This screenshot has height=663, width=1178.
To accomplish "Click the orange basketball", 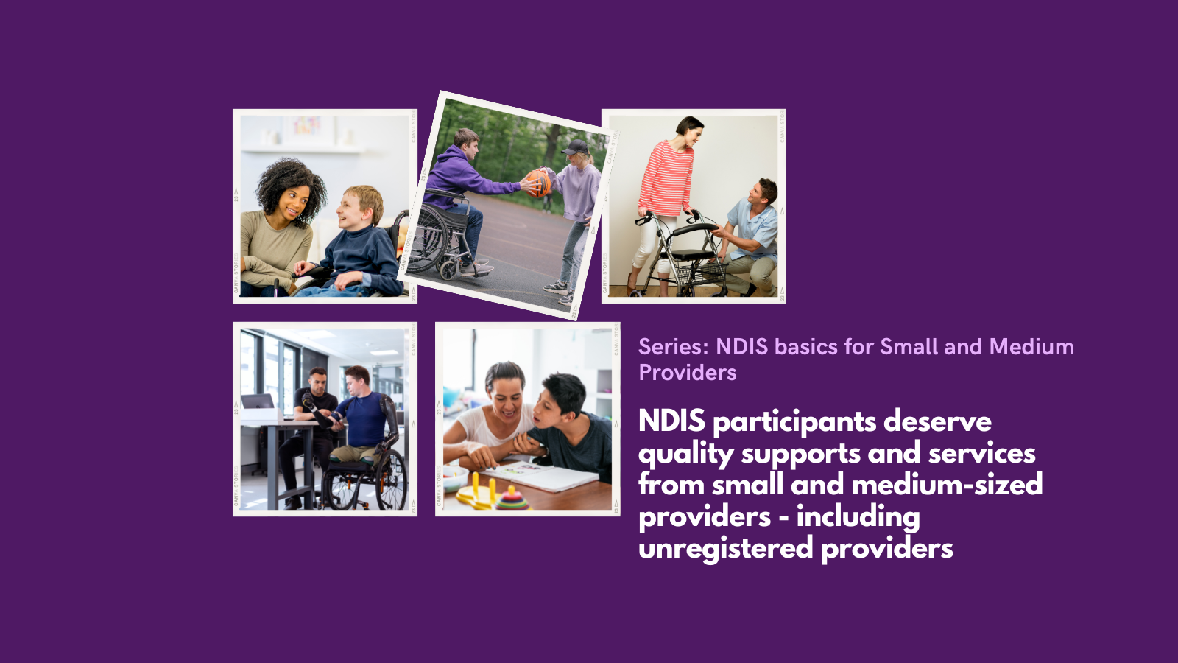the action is pyautogui.click(x=538, y=183).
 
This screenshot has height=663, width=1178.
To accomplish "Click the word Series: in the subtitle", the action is pyautogui.click(x=674, y=347).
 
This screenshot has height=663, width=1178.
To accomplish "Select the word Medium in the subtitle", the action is pyautogui.click(x=1031, y=347).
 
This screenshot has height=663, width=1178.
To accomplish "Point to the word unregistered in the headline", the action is pyautogui.click(x=726, y=549).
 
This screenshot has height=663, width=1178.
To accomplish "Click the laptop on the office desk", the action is pyautogui.click(x=257, y=402).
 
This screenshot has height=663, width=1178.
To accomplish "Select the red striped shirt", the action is pyautogui.click(x=667, y=178).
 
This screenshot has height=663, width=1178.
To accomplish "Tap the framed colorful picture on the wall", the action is pyautogui.click(x=308, y=128).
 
